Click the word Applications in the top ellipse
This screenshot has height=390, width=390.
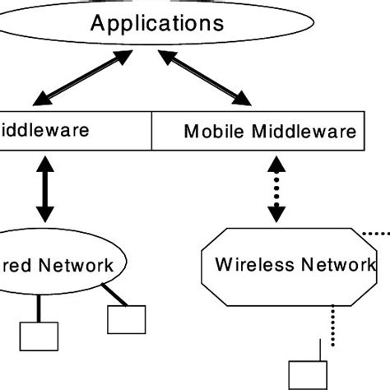click(156, 22)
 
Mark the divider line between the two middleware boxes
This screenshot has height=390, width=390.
click(154, 130)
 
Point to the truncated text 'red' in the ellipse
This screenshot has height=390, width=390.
click(16, 265)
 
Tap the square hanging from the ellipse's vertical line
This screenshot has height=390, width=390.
click(39, 337)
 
